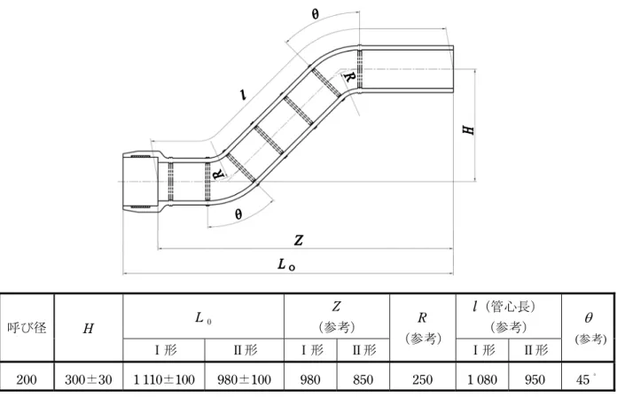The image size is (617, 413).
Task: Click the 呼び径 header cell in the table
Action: coord(27,327)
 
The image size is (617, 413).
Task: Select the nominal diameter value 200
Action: coord(27,379)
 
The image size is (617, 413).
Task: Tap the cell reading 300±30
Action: coord(88,379)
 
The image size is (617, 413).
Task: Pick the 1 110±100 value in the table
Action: coord(164,379)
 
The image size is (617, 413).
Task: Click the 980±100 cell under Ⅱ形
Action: coord(244,379)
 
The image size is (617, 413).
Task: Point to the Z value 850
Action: coord(363,379)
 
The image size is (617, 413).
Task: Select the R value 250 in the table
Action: coord(422,379)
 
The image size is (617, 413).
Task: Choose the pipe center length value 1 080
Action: coord(482,379)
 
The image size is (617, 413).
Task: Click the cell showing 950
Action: coord(535,379)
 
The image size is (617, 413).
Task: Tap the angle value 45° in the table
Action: coord(585,379)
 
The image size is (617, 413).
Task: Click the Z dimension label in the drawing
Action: coord(299,240)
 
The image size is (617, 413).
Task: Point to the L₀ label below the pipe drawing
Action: coord(286,265)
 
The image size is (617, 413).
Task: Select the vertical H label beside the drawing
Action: coord(468,129)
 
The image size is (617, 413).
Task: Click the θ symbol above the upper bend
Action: coord(316,14)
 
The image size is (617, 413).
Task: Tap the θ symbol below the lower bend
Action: coord(238,214)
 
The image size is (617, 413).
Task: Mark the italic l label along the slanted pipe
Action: coord(244,95)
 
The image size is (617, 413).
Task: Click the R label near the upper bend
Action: coord(348,77)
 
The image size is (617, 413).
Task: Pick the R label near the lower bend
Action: coord(218,174)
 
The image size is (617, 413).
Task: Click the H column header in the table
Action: coord(88,328)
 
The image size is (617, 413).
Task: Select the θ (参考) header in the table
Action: coord(589,328)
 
